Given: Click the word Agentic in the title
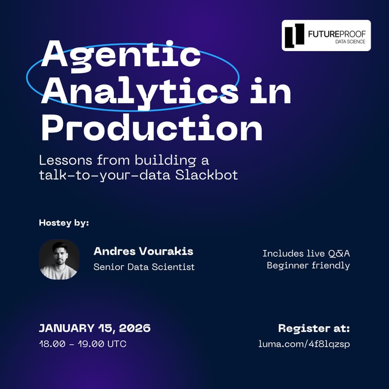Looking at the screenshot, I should tap(121, 54).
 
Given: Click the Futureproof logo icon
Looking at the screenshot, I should tap(295, 35).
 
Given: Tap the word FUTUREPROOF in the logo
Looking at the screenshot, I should tap(336, 33).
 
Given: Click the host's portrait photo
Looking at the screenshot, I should tap(59, 259).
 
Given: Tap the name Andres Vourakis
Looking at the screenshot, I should tap(143, 251).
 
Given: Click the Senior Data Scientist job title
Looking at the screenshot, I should tap(144, 266).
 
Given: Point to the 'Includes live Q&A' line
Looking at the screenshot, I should tap(306, 253).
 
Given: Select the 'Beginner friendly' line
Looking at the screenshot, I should tap(308, 265).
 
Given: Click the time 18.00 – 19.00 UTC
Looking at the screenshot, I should tap(83, 344).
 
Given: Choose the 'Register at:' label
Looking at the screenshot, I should tap(314, 328).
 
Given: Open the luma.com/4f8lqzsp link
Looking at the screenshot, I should tap(304, 344).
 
